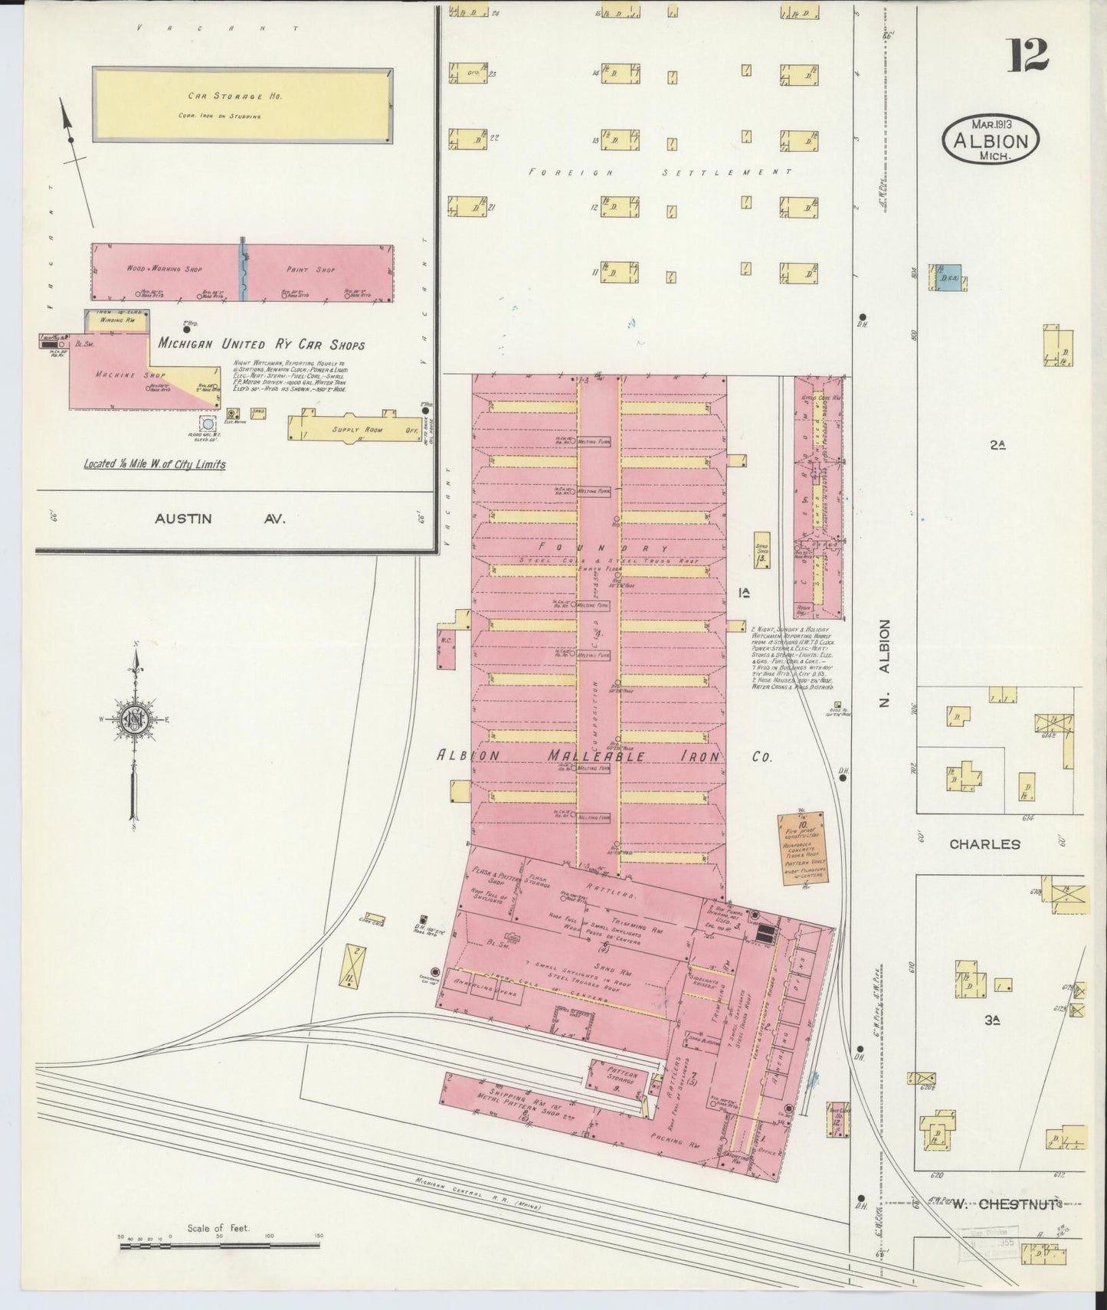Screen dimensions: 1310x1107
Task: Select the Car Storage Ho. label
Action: pyautogui.click(x=224, y=97)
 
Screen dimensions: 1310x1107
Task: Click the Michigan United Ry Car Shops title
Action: pyautogui.click(x=261, y=345)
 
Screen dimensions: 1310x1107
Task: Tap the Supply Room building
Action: pyautogui.click(x=356, y=429)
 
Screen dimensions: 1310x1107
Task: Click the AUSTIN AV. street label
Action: pyautogui.click(x=220, y=519)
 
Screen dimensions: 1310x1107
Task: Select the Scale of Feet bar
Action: pyautogui.click(x=219, y=1247)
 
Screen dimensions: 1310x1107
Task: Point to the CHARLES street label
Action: pyautogui.click(x=984, y=844)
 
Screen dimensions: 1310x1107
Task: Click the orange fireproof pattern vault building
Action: pyautogui.click(x=801, y=848)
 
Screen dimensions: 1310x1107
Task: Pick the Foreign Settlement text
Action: pyautogui.click(x=660, y=173)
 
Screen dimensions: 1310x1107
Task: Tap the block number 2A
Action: pyautogui.click(x=997, y=444)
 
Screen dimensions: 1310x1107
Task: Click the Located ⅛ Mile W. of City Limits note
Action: pyautogui.click(x=154, y=464)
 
